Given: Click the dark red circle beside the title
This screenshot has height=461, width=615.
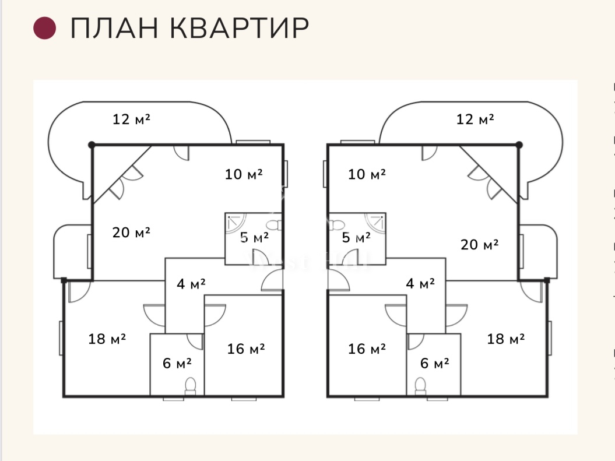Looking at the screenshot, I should [x=45, y=28].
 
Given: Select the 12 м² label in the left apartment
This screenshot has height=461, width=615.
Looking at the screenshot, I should [x=131, y=119].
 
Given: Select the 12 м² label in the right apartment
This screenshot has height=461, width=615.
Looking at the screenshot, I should [x=475, y=119].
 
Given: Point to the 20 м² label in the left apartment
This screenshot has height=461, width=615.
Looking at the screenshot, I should [x=131, y=232].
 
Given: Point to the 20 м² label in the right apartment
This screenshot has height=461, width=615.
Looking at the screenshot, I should [x=480, y=245].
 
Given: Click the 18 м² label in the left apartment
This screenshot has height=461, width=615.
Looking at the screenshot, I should [x=107, y=339].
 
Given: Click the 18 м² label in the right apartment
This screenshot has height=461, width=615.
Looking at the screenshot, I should [x=506, y=339].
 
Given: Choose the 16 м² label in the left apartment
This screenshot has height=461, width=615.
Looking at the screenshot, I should [x=246, y=349].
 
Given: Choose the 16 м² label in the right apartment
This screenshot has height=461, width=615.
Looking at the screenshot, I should [x=367, y=349].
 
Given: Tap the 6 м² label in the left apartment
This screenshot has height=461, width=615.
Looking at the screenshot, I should [x=177, y=363].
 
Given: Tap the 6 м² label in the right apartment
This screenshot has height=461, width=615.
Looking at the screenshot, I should [x=435, y=363].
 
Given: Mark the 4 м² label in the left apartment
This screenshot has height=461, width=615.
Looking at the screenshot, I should [x=192, y=284].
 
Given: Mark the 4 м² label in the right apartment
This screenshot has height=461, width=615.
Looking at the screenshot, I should [x=420, y=284].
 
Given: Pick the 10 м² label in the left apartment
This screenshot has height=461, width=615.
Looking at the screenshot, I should [x=244, y=174].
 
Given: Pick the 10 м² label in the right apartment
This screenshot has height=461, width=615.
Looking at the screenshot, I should [x=367, y=174].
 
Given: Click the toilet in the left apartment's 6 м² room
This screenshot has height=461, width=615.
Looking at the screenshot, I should [x=190, y=386].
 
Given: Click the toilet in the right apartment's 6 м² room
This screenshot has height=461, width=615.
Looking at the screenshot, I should [x=420, y=386].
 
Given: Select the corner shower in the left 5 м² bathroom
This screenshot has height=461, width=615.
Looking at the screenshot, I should [x=236, y=223].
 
